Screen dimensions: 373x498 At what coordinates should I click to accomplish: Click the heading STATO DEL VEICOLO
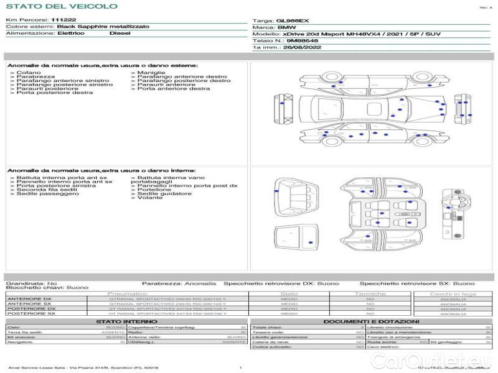pos(61,6)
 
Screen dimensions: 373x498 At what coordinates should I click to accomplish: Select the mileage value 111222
pos(63,20)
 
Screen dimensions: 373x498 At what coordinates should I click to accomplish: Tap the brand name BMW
pos(286,27)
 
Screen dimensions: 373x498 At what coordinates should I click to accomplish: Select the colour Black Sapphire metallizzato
pos(94,27)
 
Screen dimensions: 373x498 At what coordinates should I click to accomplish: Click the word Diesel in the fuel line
pos(120,34)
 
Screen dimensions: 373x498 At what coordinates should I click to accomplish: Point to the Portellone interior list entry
pos(154,190)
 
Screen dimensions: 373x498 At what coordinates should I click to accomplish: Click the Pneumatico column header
pos(128,293)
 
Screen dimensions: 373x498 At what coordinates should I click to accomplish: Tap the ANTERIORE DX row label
pos(29,299)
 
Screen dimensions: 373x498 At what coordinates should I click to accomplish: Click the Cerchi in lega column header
pos(453,293)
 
